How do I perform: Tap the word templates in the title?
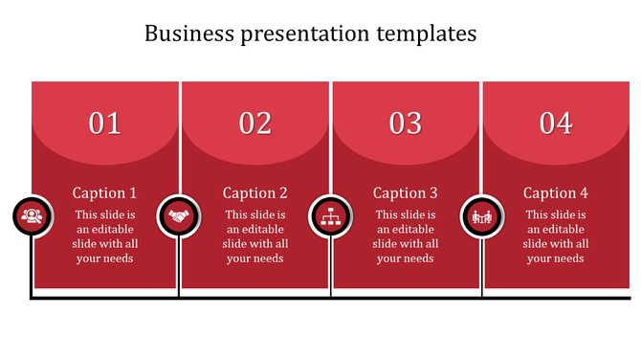coord(426,34)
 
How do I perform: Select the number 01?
coord(105,124)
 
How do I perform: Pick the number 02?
coord(255,124)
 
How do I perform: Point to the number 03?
coord(406,124)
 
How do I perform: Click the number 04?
coord(556,124)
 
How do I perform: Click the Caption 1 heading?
coord(105,192)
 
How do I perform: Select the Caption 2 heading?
coord(255,192)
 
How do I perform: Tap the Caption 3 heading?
coord(406,192)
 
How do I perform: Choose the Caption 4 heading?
coord(556,192)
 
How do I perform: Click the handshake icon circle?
coord(178,216)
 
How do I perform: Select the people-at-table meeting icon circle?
coord(481,216)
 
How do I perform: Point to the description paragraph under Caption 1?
coord(105,236)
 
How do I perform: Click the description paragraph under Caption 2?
coord(255,236)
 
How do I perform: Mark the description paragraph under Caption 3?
coord(406,236)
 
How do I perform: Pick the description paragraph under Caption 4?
coord(556,236)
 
